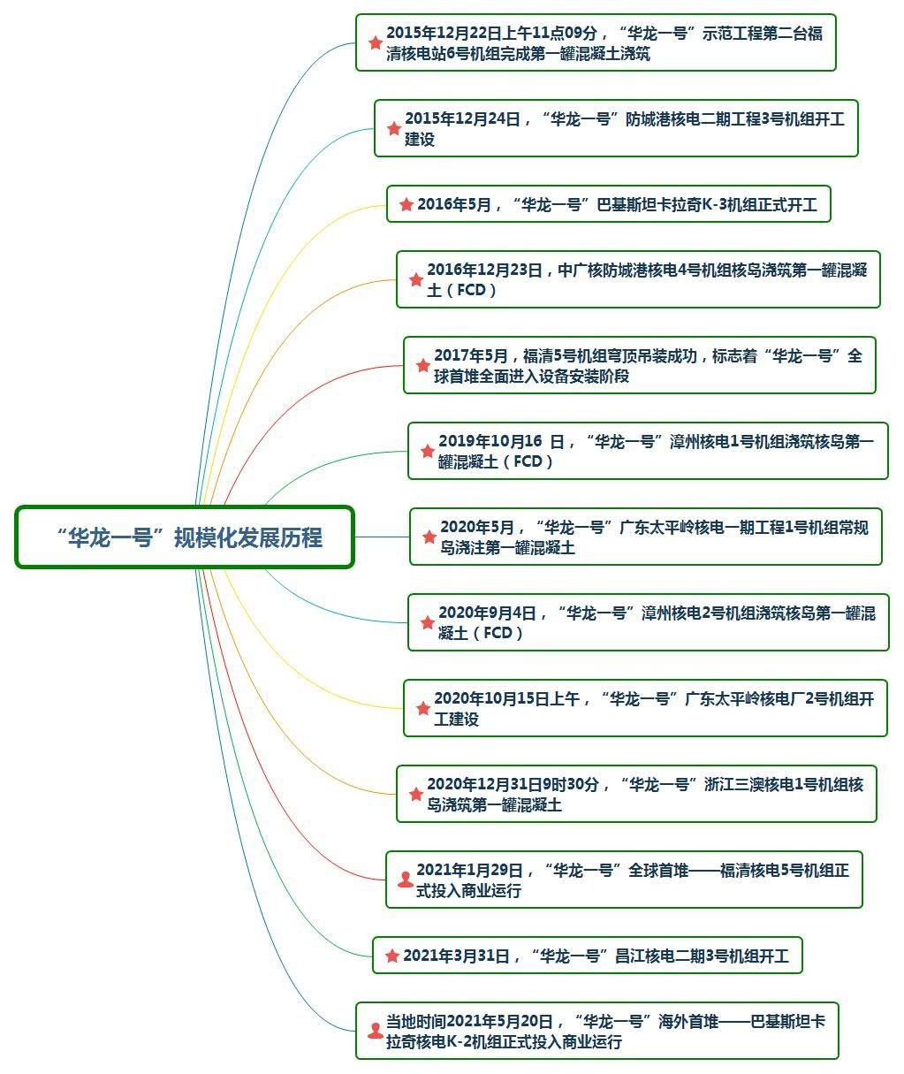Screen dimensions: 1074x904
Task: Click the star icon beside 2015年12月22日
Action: (375, 42)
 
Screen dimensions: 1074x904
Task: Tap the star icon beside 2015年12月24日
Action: (393, 128)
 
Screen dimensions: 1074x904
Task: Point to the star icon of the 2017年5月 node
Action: (422, 365)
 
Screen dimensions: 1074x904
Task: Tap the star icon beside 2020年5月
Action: (429, 537)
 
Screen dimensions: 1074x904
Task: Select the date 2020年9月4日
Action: (487, 613)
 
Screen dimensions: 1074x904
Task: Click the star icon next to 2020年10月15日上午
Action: (422, 708)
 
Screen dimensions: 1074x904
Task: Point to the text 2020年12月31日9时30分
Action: (513, 784)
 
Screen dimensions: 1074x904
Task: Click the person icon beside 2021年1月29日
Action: (405, 879)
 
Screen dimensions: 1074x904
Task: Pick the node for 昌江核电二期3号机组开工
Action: (587, 956)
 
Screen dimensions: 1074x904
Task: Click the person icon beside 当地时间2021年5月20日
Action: (375, 1031)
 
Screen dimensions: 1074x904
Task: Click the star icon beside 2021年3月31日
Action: (391, 956)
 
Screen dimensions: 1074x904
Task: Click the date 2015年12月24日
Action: (462, 118)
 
